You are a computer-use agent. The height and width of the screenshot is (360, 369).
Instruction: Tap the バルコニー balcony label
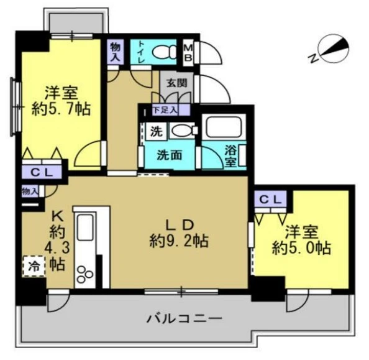pyautogui.click(x=184, y=320)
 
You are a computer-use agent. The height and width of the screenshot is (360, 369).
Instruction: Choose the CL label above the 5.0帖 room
pyautogui.click(x=270, y=199)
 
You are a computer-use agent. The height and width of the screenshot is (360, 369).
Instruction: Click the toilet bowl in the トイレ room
pyautogui.click(x=164, y=51)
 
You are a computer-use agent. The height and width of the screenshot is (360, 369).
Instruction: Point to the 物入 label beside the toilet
pyautogui.click(x=116, y=51)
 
